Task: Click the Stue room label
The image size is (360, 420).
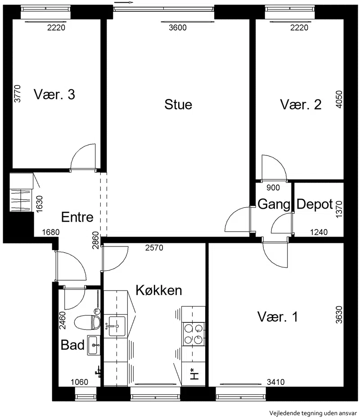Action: tap(178, 104)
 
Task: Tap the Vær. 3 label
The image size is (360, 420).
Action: tap(54, 94)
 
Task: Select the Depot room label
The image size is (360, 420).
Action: tap(315, 204)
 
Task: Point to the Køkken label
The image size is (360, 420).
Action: tap(159, 290)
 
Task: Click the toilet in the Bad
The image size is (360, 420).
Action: tap(87, 322)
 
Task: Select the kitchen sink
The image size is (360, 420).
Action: tap(117, 326)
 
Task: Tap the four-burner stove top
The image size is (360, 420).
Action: tap(193, 334)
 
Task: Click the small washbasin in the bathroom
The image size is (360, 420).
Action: tap(94, 345)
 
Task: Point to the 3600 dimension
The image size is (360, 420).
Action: tap(178, 27)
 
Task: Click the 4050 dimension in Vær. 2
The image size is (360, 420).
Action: tap(339, 99)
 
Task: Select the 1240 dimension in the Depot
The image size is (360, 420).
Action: tap(319, 232)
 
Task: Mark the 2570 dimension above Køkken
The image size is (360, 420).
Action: tap(154, 248)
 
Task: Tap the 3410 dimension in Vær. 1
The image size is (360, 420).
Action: tap(275, 382)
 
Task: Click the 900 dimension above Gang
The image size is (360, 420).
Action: tap(273, 188)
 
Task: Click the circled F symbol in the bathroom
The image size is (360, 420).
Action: tap(97, 312)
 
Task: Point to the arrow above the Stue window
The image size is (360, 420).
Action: tap(124, 3)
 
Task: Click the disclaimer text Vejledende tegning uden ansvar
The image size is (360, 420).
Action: tap(313, 413)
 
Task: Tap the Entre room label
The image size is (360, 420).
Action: tap(77, 217)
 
